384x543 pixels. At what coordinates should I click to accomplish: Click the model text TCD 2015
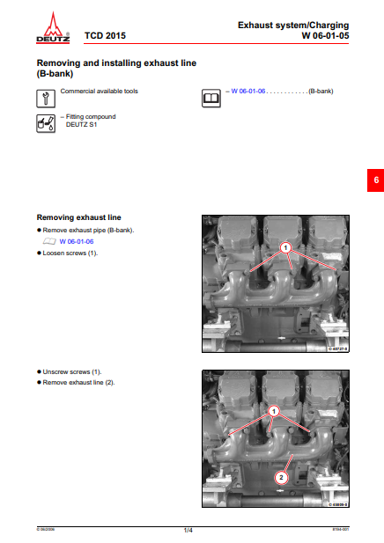(x=103, y=37)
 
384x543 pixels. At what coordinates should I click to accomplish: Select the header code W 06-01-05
(x=325, y=36)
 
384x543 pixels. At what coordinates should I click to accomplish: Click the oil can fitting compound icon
(x=45, y=122)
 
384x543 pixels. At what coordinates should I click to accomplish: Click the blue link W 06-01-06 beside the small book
(x=77, y=240)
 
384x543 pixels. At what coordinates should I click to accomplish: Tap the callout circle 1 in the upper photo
(x=286, y=249)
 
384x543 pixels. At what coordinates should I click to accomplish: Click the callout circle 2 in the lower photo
(x=281, y=478)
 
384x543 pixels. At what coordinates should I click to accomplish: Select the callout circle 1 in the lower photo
(x=274, y=411)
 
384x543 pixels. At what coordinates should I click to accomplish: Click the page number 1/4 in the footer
(x=188, y=530)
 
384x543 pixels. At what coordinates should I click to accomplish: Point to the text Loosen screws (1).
(x=70, y=253)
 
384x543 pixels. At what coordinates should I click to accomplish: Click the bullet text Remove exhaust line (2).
(x=79, y=383)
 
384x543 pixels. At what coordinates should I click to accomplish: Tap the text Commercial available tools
(x=99, y=91)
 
